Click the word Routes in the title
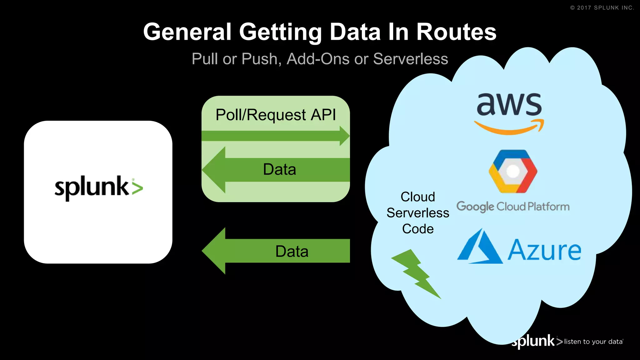click(456, 32)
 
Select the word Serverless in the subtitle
click(411, 59)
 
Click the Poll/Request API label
click(276, 115)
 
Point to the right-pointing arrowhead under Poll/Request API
click(344, 136)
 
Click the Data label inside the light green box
click(279, 169)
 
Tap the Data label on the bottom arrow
click(292, 251)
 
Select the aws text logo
click(509, 104)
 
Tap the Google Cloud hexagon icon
click(513, 171)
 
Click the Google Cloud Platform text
click(513, 207)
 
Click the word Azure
click(544, 250)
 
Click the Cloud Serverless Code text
click(418, 213)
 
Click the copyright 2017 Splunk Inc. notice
click(602, 8)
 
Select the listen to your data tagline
click(593, 342)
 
